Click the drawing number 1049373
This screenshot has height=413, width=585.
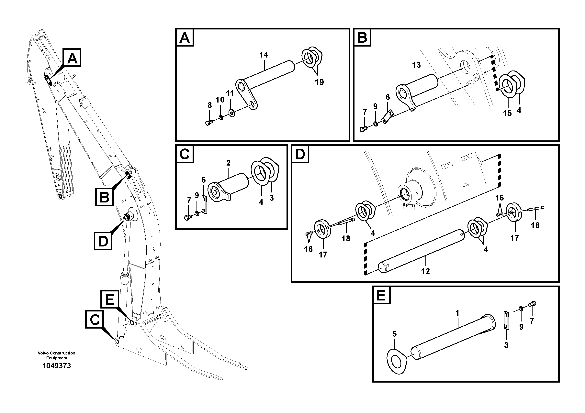click(57, 366)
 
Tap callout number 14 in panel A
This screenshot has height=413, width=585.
click(264, 55)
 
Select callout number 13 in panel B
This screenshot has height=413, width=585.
click(416, 65)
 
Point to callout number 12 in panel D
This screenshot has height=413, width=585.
click(425, 271)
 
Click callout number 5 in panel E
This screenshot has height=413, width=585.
click(394, 334)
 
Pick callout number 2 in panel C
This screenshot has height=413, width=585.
click(228, 163)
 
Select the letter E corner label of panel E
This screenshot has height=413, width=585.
click(381, 295)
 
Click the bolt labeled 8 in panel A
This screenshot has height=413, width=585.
click(209, 123)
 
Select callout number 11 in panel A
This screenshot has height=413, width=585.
click(230, 94)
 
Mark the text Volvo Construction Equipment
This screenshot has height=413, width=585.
click(57, 355)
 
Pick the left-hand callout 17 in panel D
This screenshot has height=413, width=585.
click(323, 255)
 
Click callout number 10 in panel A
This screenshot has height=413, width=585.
click(220, 100)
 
